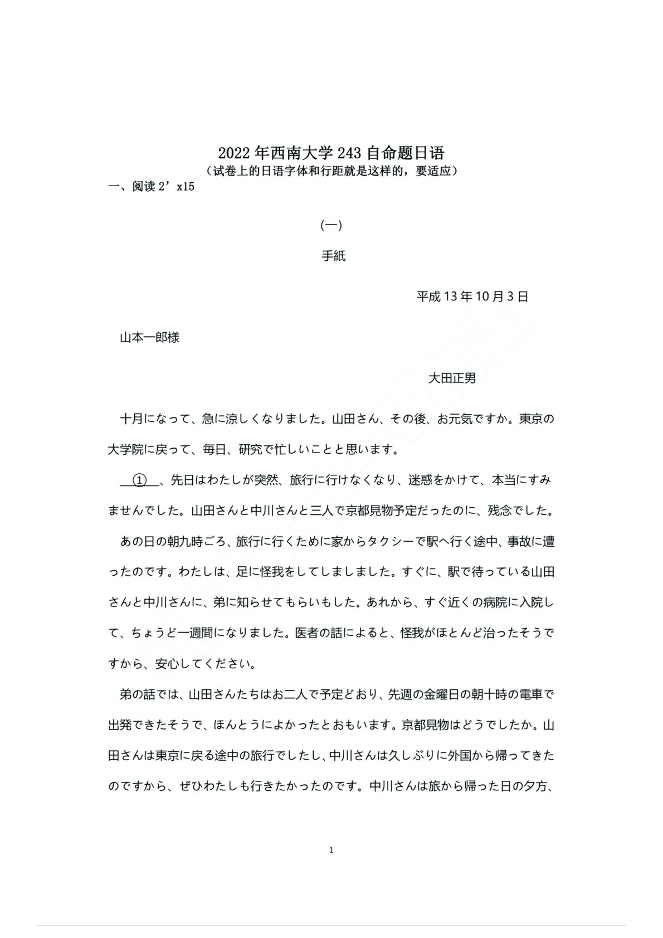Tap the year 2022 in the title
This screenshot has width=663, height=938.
click(x=233, y=153)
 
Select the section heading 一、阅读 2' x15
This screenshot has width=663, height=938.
click(x=152, y=187)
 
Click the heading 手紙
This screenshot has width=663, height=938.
click(x=333, y=256)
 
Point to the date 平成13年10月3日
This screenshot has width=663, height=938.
click(x=472, y=297)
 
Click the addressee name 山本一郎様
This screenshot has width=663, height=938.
click(x=149, y=338)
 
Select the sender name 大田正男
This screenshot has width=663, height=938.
click(x=452, y=378)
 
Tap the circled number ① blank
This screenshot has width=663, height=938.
click(x=140, y=480)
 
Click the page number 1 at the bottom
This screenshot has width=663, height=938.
click(x=331, y=850)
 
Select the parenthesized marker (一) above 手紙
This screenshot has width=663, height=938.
click(x=331, y=226)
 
